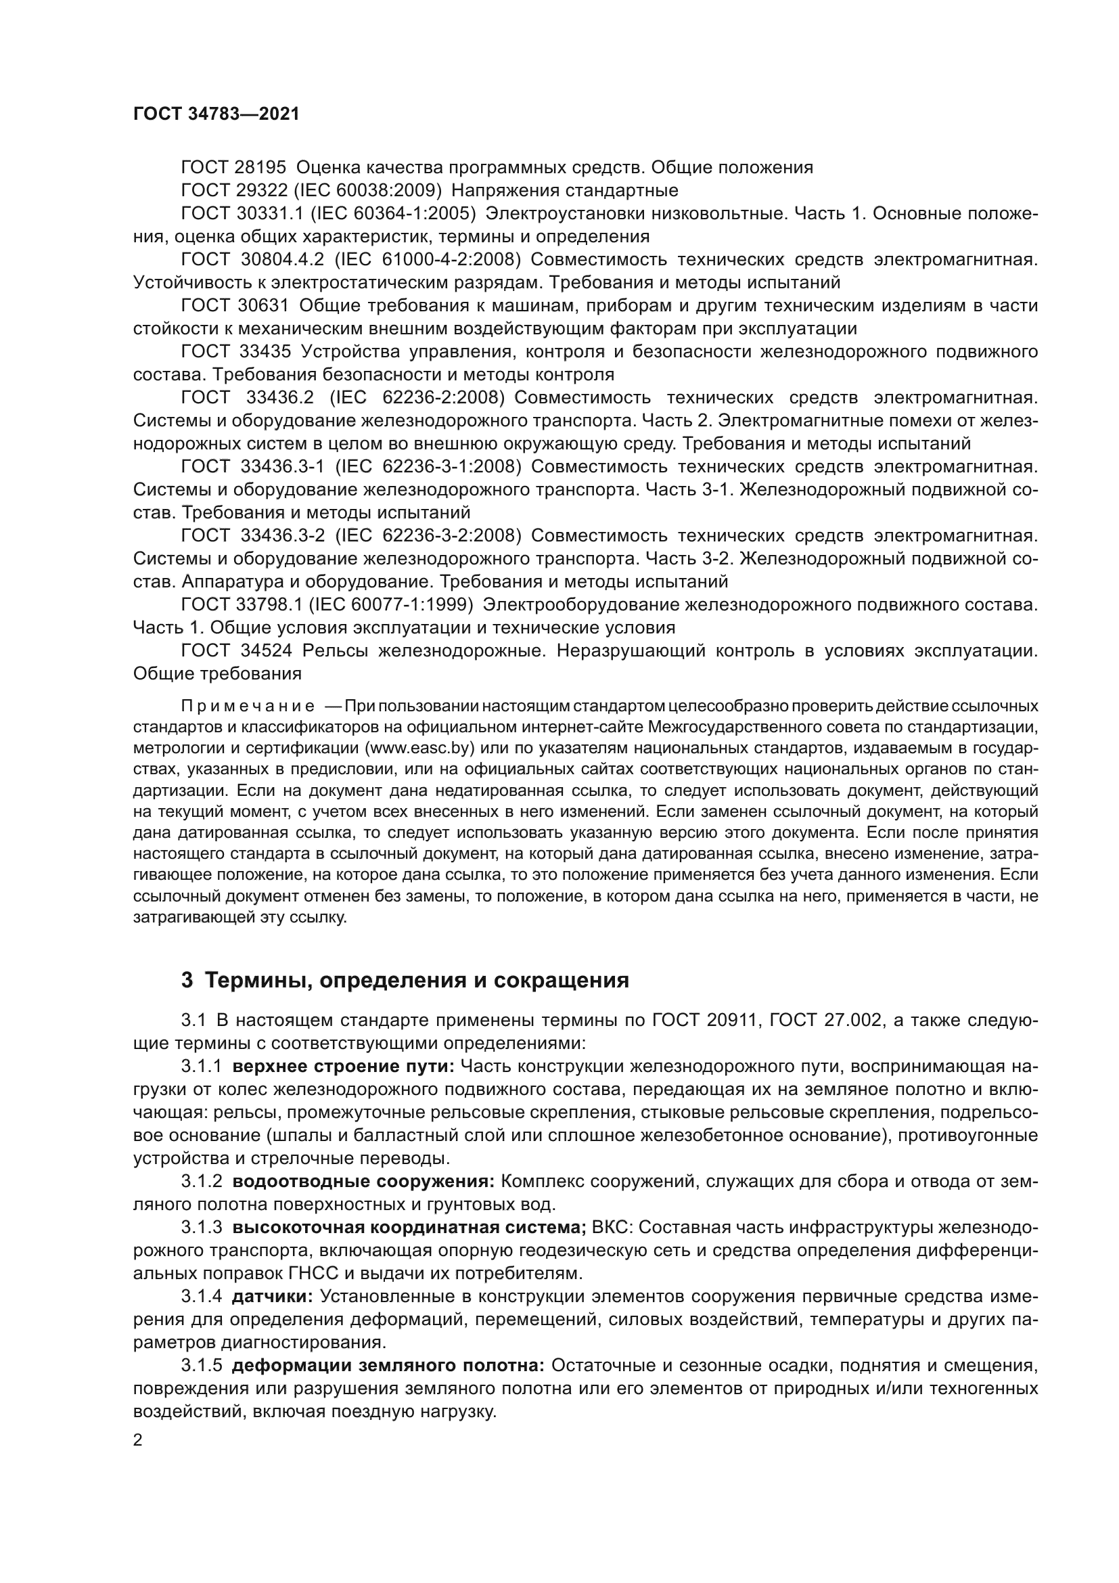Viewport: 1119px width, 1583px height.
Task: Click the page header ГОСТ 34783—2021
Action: pyautogui.click(x=216, y=114)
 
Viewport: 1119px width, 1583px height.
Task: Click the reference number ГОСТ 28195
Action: pyautogui.click(x=233, y=168)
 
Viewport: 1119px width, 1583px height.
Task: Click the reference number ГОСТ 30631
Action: pyautogui.click(x=235, y=305)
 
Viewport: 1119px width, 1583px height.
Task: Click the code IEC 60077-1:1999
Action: pyautogui.click(x=391, y=604)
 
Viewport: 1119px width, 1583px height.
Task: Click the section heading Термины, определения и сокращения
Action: pyautogui.click(x=417, y=981)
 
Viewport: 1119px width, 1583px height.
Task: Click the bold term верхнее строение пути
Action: pyautogui.click(x=343, y=1066)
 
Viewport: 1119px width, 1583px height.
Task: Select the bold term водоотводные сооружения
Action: pyautogui.click(x=364, y=1181)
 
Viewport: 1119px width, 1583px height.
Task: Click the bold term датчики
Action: pyautogui.click(x=273, y=1296)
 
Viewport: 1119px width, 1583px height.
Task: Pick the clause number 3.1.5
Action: pyautogui.click(x=201, y=1365)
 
